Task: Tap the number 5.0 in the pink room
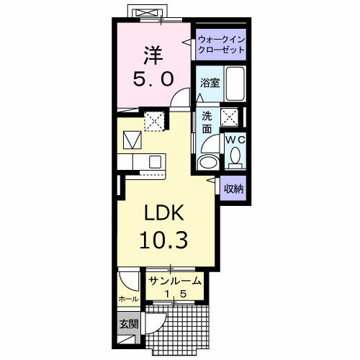coord(153,78)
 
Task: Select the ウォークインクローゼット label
coord(221,45)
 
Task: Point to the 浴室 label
coord(210,82)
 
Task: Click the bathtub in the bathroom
coord(235,81)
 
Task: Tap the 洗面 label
coord(207,122)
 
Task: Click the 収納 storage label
coord(233,189)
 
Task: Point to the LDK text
coord(167,214)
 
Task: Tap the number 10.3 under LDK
coord(167,240)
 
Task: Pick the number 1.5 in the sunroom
coord(175,294)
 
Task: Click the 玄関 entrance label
coord(127,323)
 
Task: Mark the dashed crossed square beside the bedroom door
coord(154,120)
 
